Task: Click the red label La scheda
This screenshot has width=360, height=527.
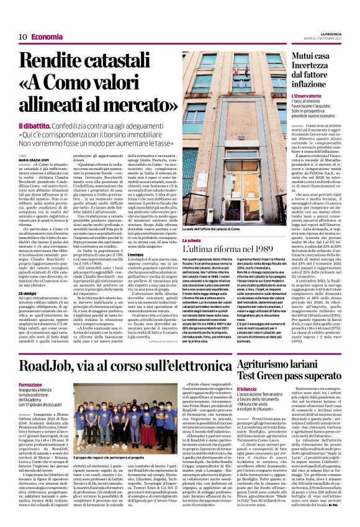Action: click(x=194, y=238)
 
